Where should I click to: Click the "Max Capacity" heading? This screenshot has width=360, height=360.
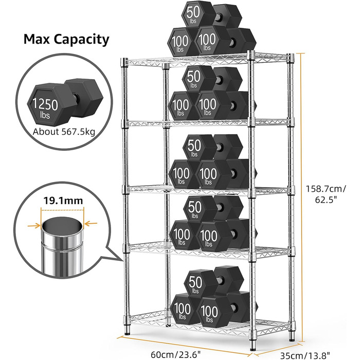(x=66, y=39)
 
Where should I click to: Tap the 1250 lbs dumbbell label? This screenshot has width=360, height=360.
(x=45, y=108)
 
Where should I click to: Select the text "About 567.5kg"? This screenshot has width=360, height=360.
(x=64, y=132)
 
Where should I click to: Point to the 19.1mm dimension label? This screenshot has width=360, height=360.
(x=63, y=201)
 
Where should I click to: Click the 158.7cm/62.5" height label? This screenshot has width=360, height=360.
(x=326, y=194)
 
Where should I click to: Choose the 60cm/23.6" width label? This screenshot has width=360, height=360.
(x=176, y=354)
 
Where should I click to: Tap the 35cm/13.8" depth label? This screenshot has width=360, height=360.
(x=305, y=356)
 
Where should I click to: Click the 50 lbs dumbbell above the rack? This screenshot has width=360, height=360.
(x=211, y=15)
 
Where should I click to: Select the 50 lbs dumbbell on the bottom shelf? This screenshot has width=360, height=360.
(x=213, y=281)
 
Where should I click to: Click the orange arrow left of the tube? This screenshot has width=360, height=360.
(x=34, y=226)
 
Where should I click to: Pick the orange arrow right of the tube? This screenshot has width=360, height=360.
(x=91, y=223)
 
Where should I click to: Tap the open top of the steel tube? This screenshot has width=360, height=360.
(x=62, y=225)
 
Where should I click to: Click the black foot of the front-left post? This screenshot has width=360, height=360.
(x=127, y=331)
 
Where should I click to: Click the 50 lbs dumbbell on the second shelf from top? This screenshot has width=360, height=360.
(x=212, y=79)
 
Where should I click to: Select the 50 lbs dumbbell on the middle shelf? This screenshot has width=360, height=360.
(x=212, y=148)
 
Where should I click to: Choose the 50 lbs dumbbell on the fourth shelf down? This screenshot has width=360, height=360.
(x=213, y=209)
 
